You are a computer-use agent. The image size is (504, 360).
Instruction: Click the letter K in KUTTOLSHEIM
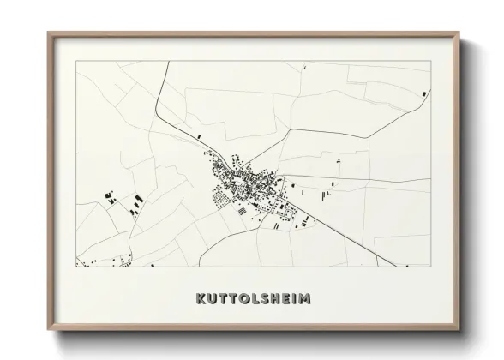click(201, 299)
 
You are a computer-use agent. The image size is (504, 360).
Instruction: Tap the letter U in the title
click(213, 299)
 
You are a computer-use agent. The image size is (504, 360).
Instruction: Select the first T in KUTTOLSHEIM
click(225, 299)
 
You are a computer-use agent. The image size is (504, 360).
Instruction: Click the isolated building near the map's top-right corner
click(423, 93)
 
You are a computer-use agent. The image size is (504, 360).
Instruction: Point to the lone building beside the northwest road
click(199, 136)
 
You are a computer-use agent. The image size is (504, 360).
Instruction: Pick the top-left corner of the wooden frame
click(48, 33)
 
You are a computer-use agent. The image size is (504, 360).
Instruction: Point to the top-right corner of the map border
click(430, 62)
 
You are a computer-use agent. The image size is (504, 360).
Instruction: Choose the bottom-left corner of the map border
click(76, 267)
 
